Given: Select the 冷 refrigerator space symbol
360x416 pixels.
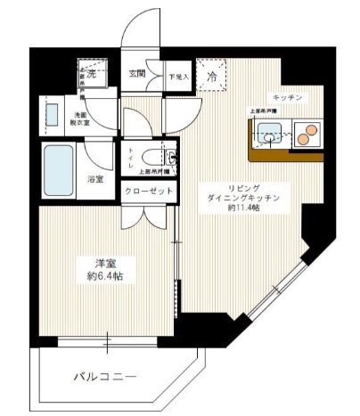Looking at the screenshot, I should (x=212, y=77).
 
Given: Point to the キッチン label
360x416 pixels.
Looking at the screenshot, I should (x=290, y=96).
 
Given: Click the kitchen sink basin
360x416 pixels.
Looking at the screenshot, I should (x=270, y=136).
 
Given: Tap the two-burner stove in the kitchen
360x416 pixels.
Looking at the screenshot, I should (x=308, y=135).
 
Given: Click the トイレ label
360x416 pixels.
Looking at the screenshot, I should (x=132, y=157).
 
